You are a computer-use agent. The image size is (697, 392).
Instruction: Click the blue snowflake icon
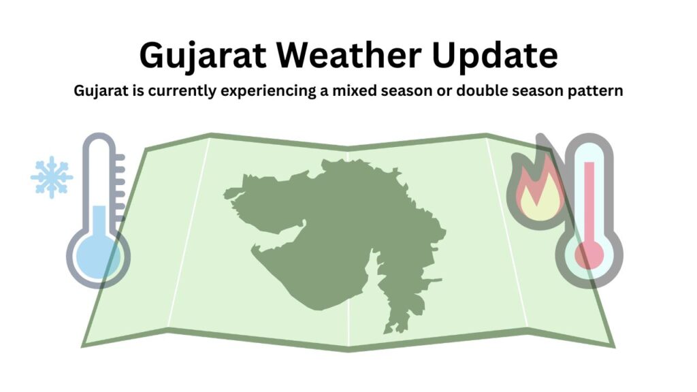(x=52, y=178)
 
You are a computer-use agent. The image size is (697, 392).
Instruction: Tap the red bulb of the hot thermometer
(x=589, y=256)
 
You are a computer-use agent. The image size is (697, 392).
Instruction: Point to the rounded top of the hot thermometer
(x=589, y=147)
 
